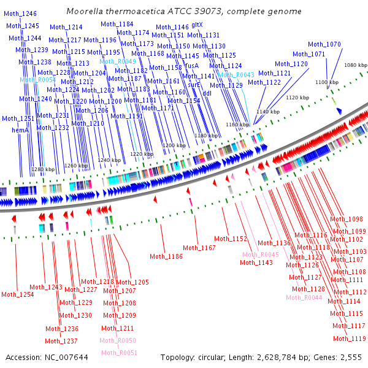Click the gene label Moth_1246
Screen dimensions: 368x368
tap(20, 13)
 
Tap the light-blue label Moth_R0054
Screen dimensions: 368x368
tap(37, 80)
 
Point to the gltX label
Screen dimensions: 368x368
tap(197, 25)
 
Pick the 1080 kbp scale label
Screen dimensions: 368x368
tap(356, 65)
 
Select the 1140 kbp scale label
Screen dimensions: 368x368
tap(267, 112)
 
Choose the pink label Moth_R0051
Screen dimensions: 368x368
tap(120, 353)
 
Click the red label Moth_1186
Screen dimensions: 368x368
tap(166, 256)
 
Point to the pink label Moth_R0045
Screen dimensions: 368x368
tap(260, 255)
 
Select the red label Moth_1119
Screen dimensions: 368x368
tap(349, 339)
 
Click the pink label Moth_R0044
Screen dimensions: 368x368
tap(304, 297)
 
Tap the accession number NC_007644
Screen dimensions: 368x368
tap(65, 357)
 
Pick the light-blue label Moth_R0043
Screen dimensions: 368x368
tap(236, 75)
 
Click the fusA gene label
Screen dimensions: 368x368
tap(192, 65)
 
